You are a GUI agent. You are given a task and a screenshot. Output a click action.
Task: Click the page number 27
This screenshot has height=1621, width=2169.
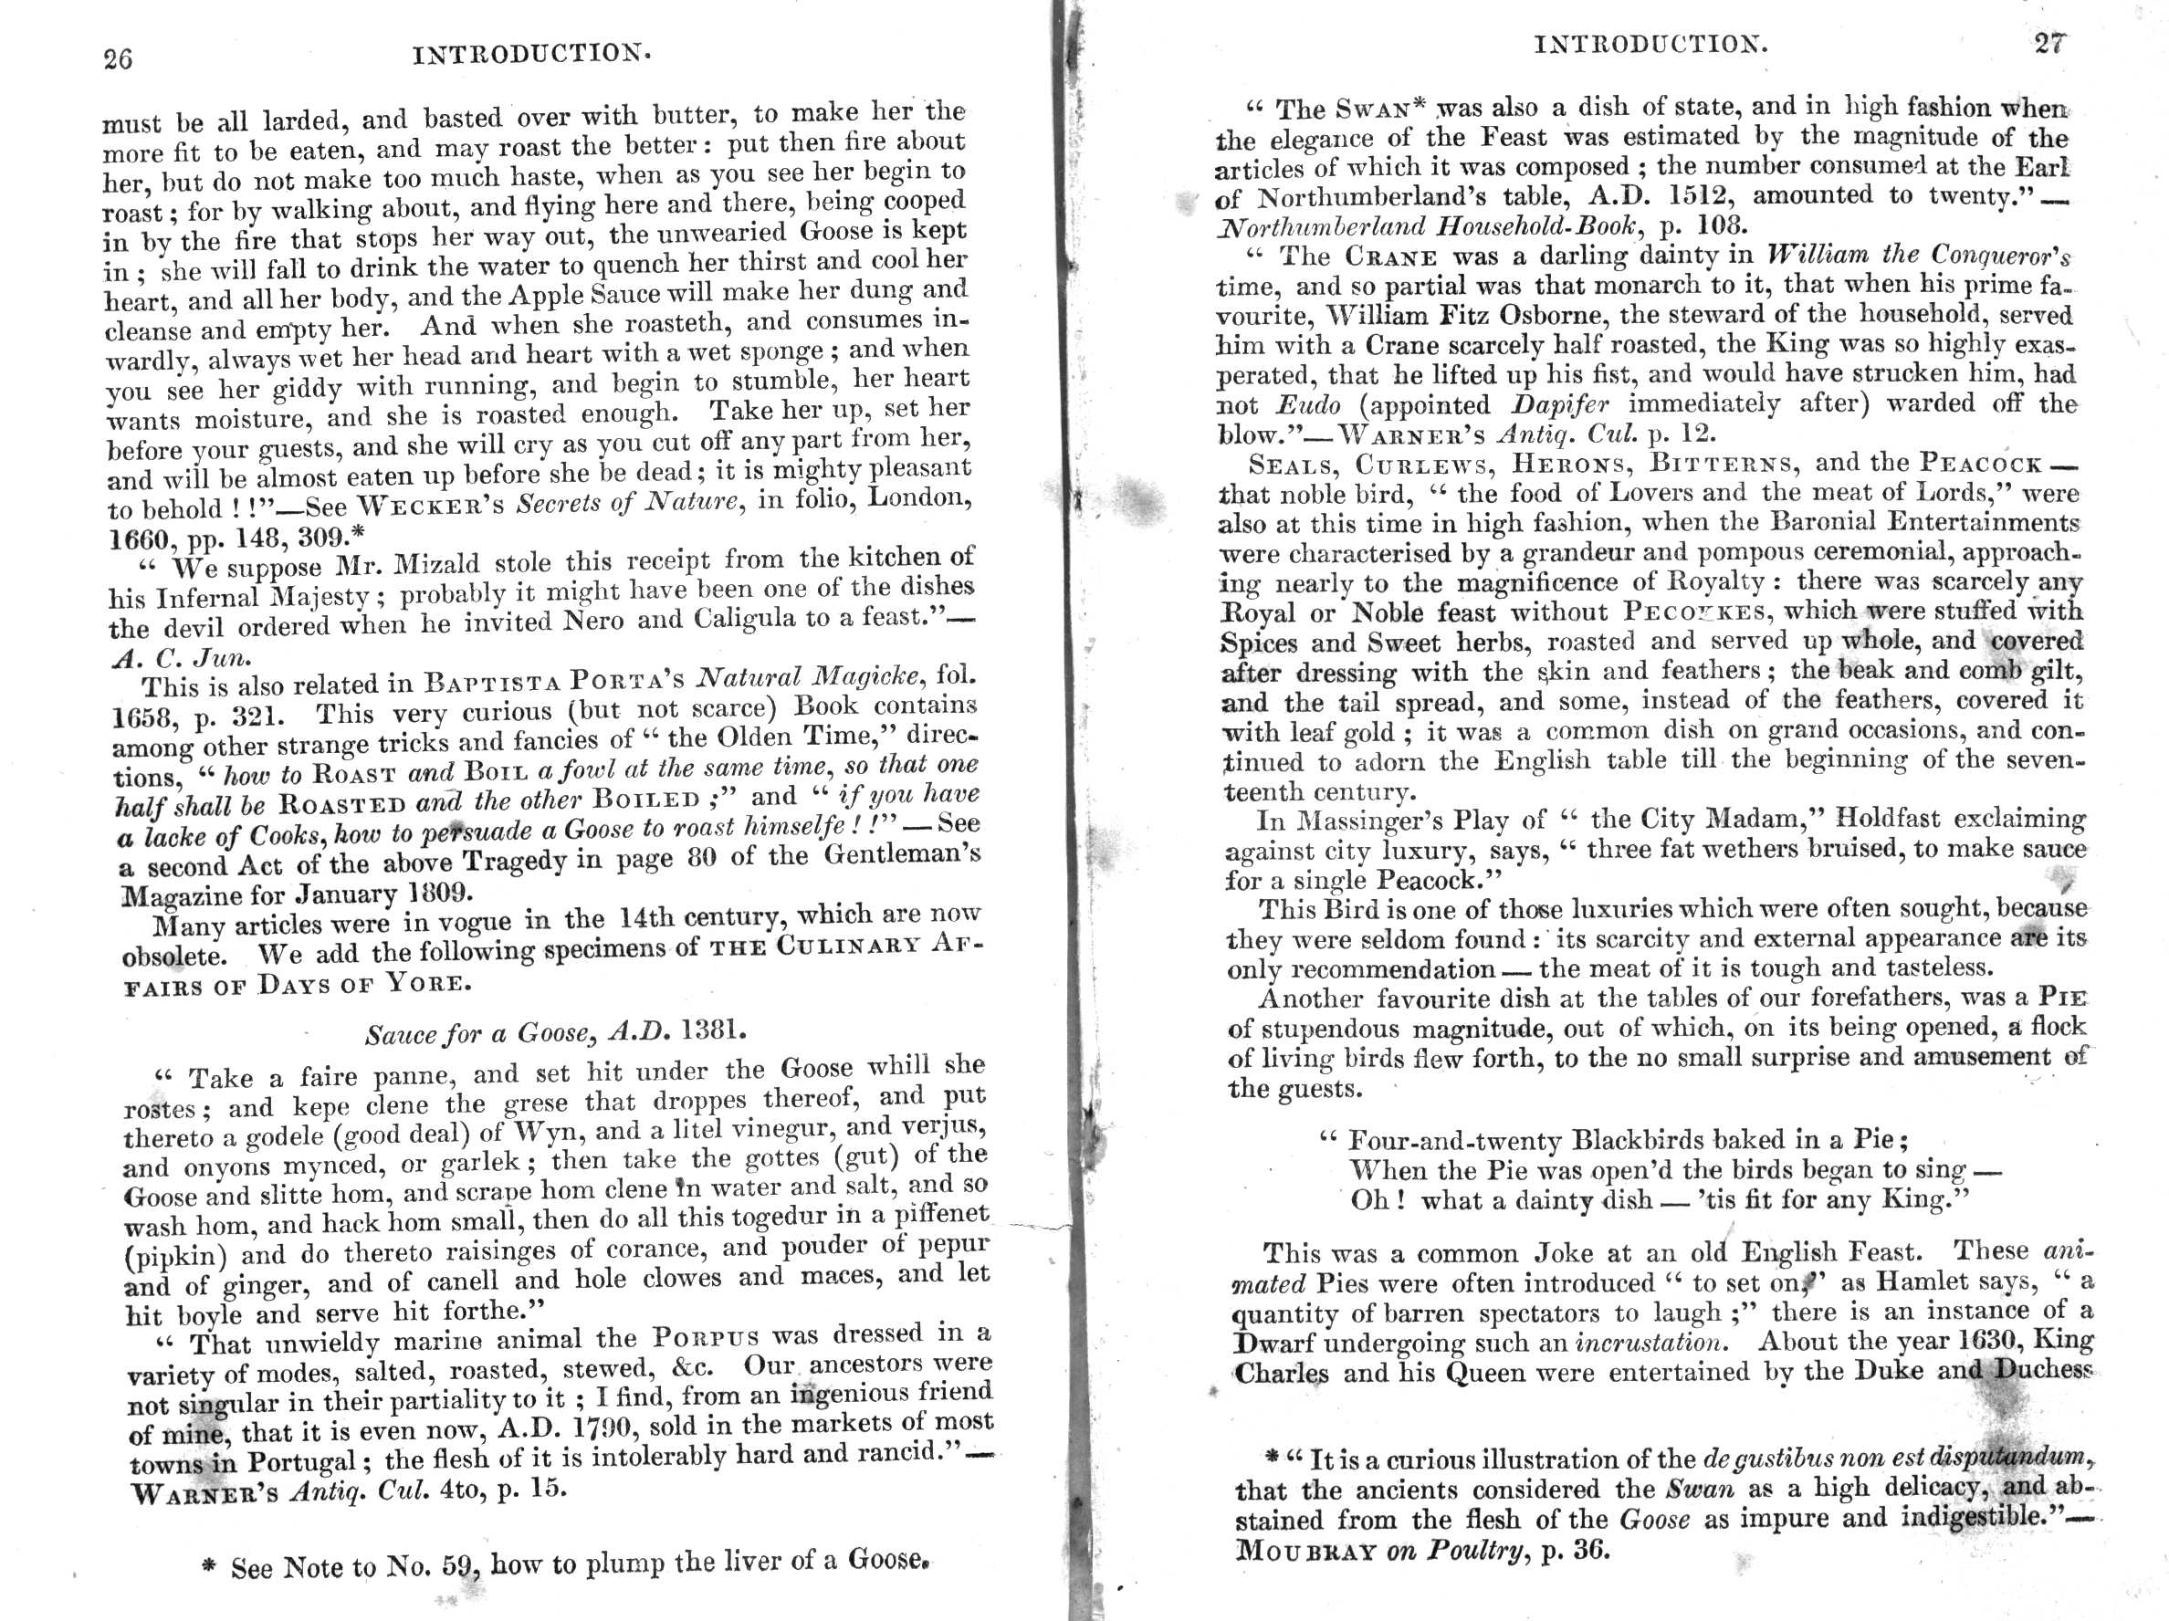click(2049, 44)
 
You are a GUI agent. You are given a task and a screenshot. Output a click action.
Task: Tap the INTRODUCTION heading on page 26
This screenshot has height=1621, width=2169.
click(531, 54)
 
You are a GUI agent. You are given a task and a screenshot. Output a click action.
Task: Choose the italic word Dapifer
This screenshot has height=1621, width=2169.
click(1552, 405)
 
